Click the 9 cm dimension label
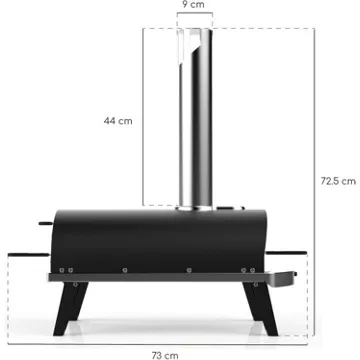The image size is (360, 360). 193,5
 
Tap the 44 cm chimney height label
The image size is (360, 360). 118,121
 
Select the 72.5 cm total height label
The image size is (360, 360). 338,181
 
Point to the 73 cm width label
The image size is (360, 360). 165,355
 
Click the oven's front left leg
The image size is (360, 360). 68,308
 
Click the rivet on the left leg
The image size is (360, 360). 76,284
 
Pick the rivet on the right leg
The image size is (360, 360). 256,284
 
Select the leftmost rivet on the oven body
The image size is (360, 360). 62,270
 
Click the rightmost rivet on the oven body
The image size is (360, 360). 253,270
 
